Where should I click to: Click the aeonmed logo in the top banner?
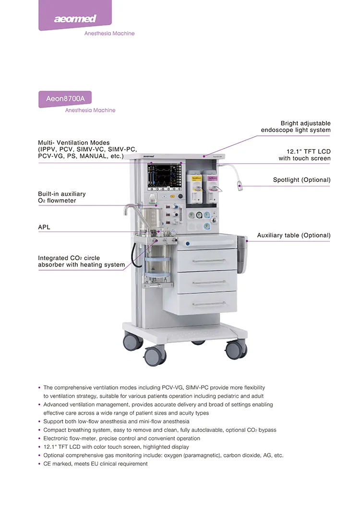[x=74, y=19]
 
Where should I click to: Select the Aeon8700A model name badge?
[x=65, y=99]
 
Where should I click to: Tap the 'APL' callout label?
[x=44, y=227]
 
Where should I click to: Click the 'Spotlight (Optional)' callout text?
[x=301, y=180]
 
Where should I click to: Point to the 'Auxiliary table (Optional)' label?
[x=293, y=235]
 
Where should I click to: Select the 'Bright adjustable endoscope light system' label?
[x=296, y=127]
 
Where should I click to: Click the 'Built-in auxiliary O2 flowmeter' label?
[x=62, y=197]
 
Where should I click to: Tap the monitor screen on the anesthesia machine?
[x=163, y=177]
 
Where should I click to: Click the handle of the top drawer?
[x=209, y=261]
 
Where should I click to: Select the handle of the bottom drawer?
[x=209, y=303]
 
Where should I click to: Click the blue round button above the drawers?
[x=188, y=243]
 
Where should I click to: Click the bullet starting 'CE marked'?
[x=96, y=464]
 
